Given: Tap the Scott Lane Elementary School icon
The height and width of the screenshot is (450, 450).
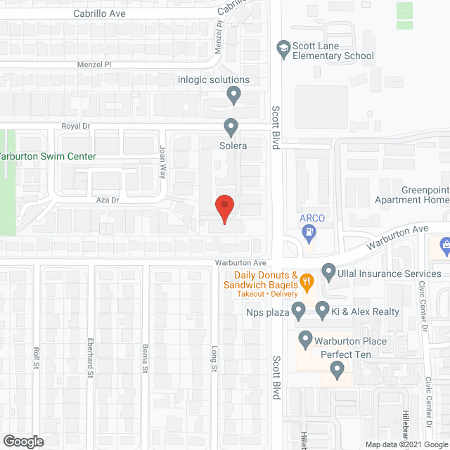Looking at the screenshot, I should pyautogui.click(x=283, y=49).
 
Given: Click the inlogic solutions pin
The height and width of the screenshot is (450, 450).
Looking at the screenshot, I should pyautogui.click(x=234, y=94).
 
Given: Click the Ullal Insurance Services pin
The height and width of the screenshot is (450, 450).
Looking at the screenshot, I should pyautogui.click(x=328, y=271).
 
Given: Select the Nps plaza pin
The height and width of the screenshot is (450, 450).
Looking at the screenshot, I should pyautogui.click(x=298, y=309).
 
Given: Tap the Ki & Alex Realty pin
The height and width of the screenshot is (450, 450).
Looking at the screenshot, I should pyautogui.click(x=322, y=309).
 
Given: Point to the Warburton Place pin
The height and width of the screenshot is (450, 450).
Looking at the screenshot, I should pyautogui.click(x=306, y=340).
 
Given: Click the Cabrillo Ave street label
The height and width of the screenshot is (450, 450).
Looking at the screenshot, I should pyautogui.click(x=98, y=13).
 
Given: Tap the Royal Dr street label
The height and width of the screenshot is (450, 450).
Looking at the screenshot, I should pyautogui.click(x=96, y=126).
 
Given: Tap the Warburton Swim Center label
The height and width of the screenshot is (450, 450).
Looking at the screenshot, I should pyautogui.click(x=48, y=157).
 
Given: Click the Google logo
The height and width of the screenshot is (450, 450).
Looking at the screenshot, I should pyautogui.click(x=22, y=442).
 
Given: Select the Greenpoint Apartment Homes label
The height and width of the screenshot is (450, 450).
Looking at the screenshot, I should pyautogui.click(x=425, y=195).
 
